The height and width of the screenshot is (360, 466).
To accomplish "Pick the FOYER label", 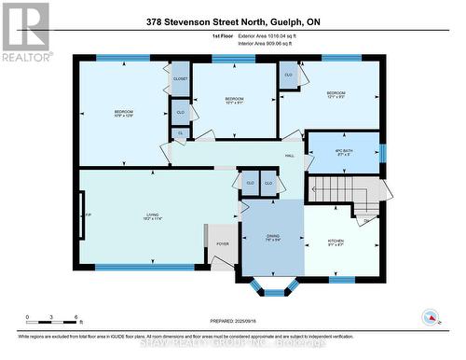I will pyautogui.click(x=222, y=244).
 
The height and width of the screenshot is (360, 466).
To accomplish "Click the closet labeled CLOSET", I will pyautogui.click(x=181, y=79).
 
